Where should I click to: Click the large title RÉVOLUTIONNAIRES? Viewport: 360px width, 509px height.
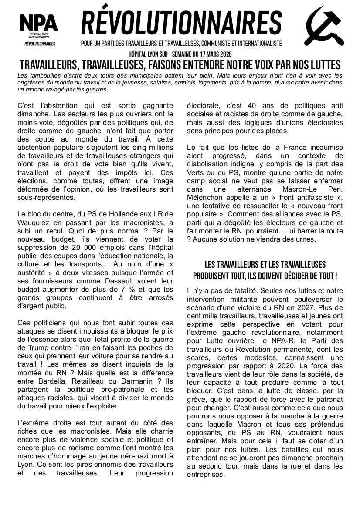(x=181, y=24)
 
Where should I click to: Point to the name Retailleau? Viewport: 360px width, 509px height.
(x=84, y=372)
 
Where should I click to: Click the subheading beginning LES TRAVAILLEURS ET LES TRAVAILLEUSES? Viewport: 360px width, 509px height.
(x=265, y=270)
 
